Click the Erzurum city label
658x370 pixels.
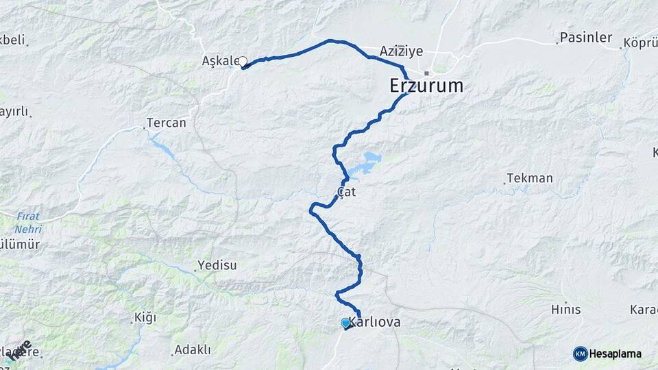tap(426, 86)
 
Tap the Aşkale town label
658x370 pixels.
tap(219, 61)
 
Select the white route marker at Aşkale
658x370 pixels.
tap(242, 62)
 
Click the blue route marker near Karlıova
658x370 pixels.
tap(345, 322)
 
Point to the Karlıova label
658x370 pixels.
tap(376, 322)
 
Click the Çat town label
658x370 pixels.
tap(346, 193)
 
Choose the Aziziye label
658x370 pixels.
tap(401, 51)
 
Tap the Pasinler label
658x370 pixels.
tap(585, 38)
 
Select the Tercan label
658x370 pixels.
tap(167, 124)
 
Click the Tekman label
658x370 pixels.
tap(530, 179)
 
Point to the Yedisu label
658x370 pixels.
tap(217, 265)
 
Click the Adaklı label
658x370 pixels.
tap(193, 349)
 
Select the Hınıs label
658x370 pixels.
tap(566, 310)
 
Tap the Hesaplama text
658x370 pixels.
tap(616, 354)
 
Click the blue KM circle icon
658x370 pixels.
tap(580, 354)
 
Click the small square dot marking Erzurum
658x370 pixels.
tap(426, 73)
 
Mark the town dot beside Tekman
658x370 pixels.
tap(505, 183)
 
